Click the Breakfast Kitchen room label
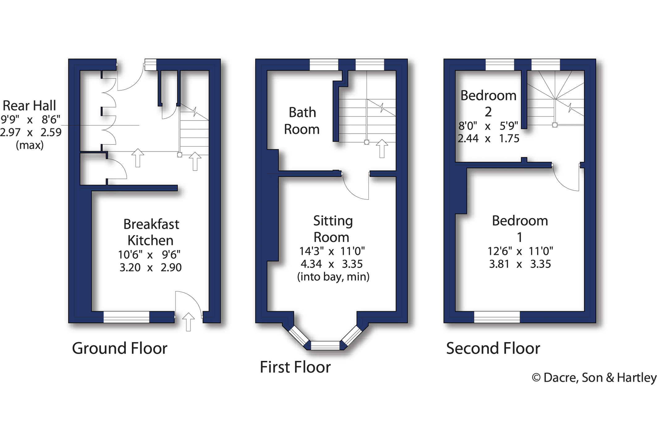[151, 232]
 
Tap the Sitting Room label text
[333, 229]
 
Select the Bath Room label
[302, 121]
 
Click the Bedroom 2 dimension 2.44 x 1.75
[488, 138]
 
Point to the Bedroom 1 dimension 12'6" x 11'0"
[520, 251]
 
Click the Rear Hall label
[29, 106]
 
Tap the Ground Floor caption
[120, 348]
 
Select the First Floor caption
[295, 367]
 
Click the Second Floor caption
[493, 348]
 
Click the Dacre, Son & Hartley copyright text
[594, 378]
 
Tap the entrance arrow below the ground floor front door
[188, 322]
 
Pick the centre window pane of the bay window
[325, 345]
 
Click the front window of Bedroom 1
[497, 317]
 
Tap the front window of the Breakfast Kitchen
[126, 317]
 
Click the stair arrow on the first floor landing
[382, 149]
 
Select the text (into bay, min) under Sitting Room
[333, 276]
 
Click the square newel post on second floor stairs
[555, 125]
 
